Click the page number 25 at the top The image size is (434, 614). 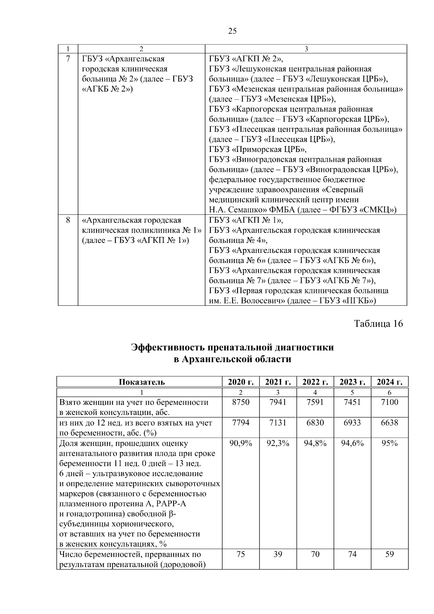pyautogui.click(x=233, y=31)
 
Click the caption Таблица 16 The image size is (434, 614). pyautogui.click(x=378, y=323)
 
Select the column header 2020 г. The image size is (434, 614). pyautogui.click(x=241, y=382)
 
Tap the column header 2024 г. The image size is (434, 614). pyautogui.click(x=390, y=382)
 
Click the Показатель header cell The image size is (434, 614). pyautogui.click(x=141, y=382)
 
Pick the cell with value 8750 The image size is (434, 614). pyautogui.click(x=241, y=402)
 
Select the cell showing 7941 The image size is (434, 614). pyautogui.click(x=278, y=402)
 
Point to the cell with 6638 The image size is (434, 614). pyautogui.click(x=390, y=423)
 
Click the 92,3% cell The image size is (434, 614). pyautogui.click(x=278, y=443)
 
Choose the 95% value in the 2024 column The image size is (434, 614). pyautogui.click(x=390, y=443)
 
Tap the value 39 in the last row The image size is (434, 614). pyautogui.click(x=278, y=554)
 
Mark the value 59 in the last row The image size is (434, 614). pyautogui.click(x=390, y=554)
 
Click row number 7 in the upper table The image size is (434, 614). pyautogui.click(x=68, y=59)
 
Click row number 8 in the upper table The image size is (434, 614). pyautogui.click(x=68, y=220)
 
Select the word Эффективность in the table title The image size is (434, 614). pyautogui.click(x=167, y=348)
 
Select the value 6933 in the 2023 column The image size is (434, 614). pyautogui.click(x=352, y=423)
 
